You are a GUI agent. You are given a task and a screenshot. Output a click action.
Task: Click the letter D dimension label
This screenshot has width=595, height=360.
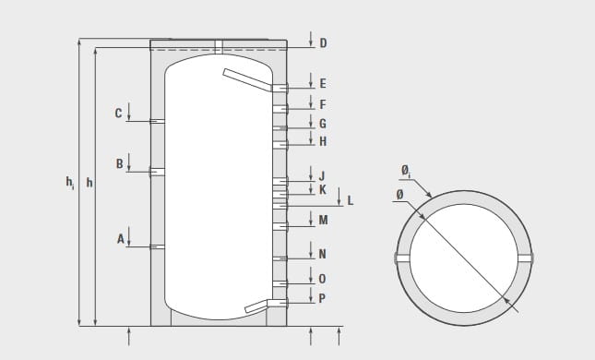323,43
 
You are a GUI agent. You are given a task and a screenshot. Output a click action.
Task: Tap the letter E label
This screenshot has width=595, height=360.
323,84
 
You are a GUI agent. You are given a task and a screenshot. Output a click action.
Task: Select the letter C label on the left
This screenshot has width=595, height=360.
118,114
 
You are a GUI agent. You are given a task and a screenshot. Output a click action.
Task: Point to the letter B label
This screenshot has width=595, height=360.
119,163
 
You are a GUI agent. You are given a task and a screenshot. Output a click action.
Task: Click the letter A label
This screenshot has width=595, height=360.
120,239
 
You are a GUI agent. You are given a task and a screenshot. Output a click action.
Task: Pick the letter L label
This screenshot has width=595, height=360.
351,200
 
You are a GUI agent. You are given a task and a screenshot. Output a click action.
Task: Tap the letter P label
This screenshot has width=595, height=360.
322,298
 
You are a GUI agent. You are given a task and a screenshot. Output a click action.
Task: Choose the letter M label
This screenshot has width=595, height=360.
323,220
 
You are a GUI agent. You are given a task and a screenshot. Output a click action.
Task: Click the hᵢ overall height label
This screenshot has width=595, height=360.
70,183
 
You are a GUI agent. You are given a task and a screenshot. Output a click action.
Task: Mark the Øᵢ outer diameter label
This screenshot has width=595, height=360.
406,172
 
